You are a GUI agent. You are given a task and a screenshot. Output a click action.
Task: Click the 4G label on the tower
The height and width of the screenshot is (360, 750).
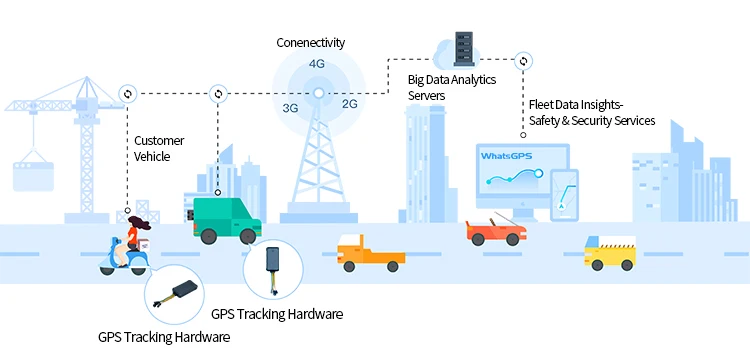coord(317,64)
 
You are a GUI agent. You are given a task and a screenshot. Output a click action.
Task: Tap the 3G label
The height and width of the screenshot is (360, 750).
coord(291,107)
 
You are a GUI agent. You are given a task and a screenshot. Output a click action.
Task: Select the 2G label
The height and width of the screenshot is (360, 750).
coord(350,103)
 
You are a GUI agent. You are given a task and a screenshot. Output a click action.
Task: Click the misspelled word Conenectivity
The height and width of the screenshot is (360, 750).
coord(311,42)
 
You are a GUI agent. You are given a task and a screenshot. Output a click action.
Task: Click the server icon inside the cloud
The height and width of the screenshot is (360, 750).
coord(462,46)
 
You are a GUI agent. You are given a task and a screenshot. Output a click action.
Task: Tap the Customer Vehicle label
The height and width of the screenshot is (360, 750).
coord(158,148)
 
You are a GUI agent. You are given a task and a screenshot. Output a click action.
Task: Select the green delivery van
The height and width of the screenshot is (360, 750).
coord(225,219)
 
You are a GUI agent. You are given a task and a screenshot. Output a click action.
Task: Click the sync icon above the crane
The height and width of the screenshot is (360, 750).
coord(128,94)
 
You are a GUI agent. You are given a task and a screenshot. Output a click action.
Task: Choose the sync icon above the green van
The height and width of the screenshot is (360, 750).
coord(218,94)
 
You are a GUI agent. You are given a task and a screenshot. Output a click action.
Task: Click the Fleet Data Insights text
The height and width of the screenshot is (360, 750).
coord(577,104)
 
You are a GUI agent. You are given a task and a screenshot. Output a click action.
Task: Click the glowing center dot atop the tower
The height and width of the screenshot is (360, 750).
coord(319,94)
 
